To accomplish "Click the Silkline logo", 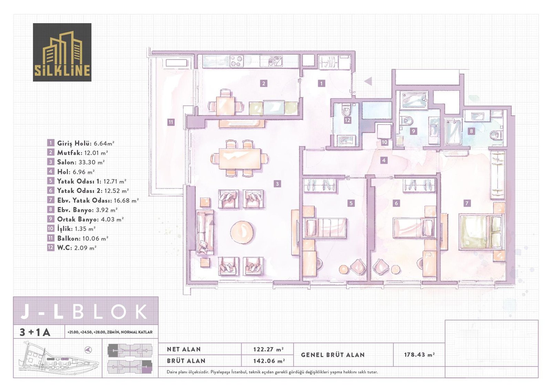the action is (x=62, y=52).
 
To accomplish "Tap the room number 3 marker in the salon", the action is (x=277, y=184).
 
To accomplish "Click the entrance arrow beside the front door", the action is (x=368, y=81).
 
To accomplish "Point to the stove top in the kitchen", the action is (x=237, y=61).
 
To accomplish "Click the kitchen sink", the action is (x=275, y=61).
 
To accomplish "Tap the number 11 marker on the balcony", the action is (x=171, y=122).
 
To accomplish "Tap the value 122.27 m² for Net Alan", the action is (x=268, y=349).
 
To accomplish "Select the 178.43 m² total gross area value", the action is (x=419, y=355).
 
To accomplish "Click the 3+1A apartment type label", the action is (x=35, y=332).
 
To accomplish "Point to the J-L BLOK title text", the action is (x=84, y=312).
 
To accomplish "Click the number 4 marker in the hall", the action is (x=384, y=161).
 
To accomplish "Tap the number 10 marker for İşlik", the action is (x=384, y=142).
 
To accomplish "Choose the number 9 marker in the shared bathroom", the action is (x=413, y=131).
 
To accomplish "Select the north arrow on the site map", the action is (x=88, y=350).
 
